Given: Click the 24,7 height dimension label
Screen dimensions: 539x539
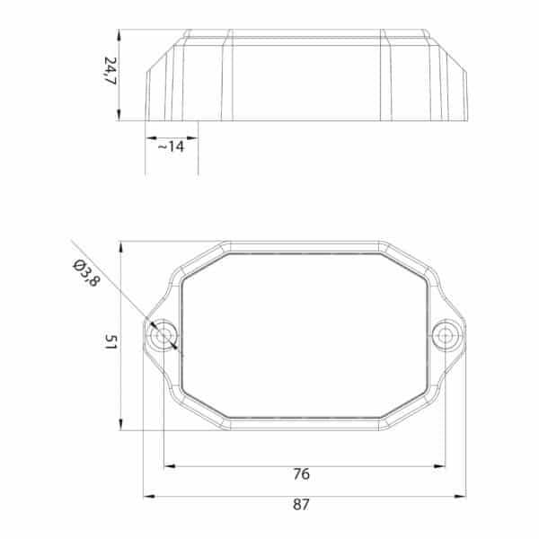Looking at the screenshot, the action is tap(110, 71).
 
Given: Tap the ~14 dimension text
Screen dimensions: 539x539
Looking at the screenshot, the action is tap(172, 146).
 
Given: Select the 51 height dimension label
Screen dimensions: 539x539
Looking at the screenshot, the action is tap(110, 341).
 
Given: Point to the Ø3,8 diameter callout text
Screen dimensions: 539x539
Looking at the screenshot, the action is tap(86, 273).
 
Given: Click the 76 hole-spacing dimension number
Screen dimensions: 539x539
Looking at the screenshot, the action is tap(302, 474).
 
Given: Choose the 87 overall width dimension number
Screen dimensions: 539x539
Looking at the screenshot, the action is tap(301, 505).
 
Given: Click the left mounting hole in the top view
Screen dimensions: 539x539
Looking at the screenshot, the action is tap(162, 335).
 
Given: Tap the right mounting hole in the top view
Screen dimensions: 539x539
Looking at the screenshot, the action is tap(446, 335).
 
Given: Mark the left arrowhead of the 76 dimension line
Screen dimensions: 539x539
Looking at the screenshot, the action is tap(170, 466).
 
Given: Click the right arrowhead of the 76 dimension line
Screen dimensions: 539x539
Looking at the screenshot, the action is tap(440, 466).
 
